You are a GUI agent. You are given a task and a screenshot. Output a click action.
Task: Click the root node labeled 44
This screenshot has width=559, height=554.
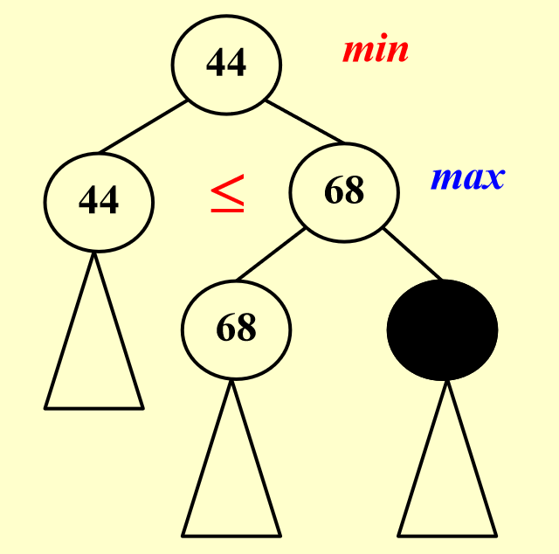(226, 65)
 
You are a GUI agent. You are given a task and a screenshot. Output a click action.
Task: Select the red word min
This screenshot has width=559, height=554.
(376, 49)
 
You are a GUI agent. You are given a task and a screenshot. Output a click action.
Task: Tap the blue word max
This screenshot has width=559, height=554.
(468, 177)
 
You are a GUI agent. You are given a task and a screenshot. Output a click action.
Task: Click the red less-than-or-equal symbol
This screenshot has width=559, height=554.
(227, 193)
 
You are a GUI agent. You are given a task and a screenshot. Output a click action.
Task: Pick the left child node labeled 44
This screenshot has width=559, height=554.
(99, 202)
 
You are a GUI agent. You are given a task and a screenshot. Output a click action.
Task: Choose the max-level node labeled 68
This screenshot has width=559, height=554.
(344, 192)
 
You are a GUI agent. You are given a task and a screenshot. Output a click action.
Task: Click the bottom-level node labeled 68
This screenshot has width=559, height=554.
(237, 330)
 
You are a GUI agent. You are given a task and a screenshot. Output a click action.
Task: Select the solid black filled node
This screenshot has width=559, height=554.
(443, 330)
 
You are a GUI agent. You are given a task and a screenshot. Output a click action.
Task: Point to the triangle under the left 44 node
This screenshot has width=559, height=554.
(94, 331)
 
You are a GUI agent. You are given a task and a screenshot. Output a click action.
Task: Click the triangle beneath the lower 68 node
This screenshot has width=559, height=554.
(231, 459)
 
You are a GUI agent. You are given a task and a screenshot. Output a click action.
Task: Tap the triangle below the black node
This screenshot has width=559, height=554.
(447, 459)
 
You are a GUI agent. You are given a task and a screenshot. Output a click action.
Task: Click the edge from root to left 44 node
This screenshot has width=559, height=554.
(143, 127)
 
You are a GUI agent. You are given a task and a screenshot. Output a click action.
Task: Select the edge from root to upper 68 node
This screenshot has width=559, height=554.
(305, 121)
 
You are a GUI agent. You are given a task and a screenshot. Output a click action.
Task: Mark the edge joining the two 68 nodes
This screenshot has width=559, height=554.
(271, 254)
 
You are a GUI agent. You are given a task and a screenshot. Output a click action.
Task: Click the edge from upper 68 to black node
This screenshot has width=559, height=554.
(413, 254)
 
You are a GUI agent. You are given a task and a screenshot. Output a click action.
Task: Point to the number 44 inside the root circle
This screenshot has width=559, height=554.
(226, 63)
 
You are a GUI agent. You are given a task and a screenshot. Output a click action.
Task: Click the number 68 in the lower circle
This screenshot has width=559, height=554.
(237, 327)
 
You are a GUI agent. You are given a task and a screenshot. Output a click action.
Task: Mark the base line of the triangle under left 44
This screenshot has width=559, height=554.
(94, 408)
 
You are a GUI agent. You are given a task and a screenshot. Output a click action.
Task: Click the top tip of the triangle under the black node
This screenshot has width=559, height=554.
(447, 381)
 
